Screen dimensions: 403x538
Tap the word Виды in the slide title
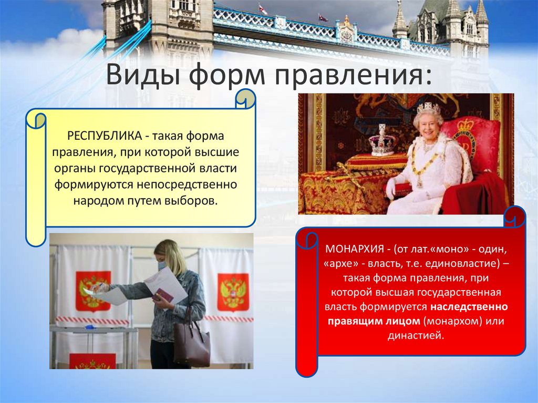pos(137,75)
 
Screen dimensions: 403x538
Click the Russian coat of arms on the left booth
pos(93,291)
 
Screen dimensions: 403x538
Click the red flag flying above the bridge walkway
pos(263,9)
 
